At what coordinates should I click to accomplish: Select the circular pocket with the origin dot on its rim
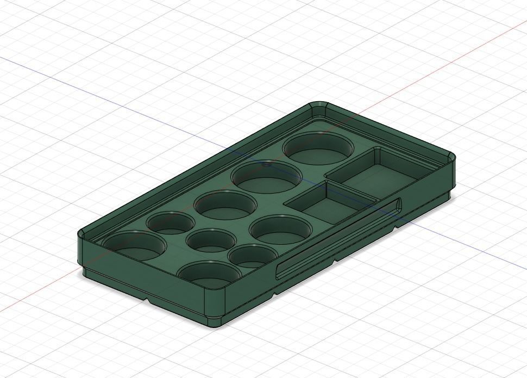point(266,177)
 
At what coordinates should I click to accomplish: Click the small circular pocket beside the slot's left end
point(250,256)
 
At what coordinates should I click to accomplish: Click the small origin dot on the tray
point(266,164)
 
